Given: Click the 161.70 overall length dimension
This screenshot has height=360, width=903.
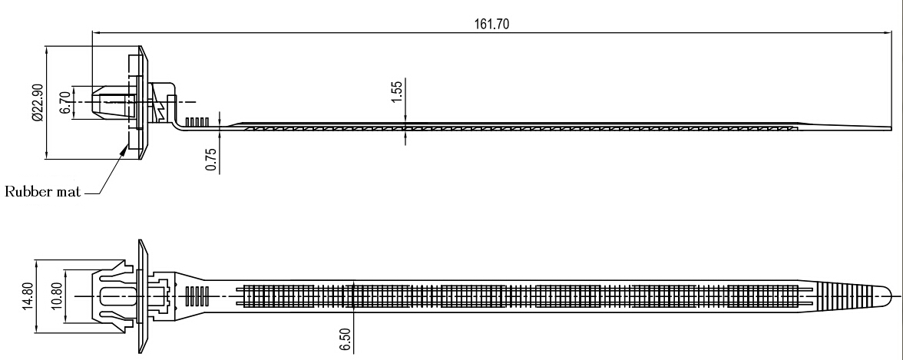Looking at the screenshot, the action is tap(491, 25).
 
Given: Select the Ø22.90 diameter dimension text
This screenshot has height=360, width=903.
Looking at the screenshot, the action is tap(38, 103).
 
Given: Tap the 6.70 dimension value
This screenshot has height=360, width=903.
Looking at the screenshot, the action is tap(65, 103).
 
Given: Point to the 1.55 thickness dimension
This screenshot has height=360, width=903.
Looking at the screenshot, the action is tap(397, 92).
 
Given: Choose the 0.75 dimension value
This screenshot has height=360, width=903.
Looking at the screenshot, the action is tap(210, 160).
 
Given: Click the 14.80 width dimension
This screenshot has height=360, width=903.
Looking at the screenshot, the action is tap(27, 296).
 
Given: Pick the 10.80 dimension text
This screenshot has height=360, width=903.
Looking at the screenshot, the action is tap(56, 296).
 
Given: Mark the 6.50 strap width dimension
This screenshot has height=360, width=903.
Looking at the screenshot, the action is tap(345, 340).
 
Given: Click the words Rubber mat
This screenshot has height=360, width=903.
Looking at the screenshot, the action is tap(43, 191).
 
